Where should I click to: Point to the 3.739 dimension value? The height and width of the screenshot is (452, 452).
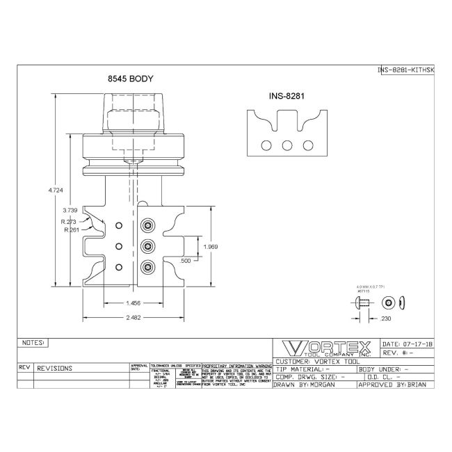click(x=70, y=209)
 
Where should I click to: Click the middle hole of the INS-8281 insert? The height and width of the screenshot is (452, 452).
click(x=286, y=146)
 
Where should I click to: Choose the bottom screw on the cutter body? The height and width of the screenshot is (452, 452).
click(x=148, y=267)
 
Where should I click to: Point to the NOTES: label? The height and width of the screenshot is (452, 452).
click(x=34, y=343)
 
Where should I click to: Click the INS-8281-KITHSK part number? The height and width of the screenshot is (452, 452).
click(x=406, y=70)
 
